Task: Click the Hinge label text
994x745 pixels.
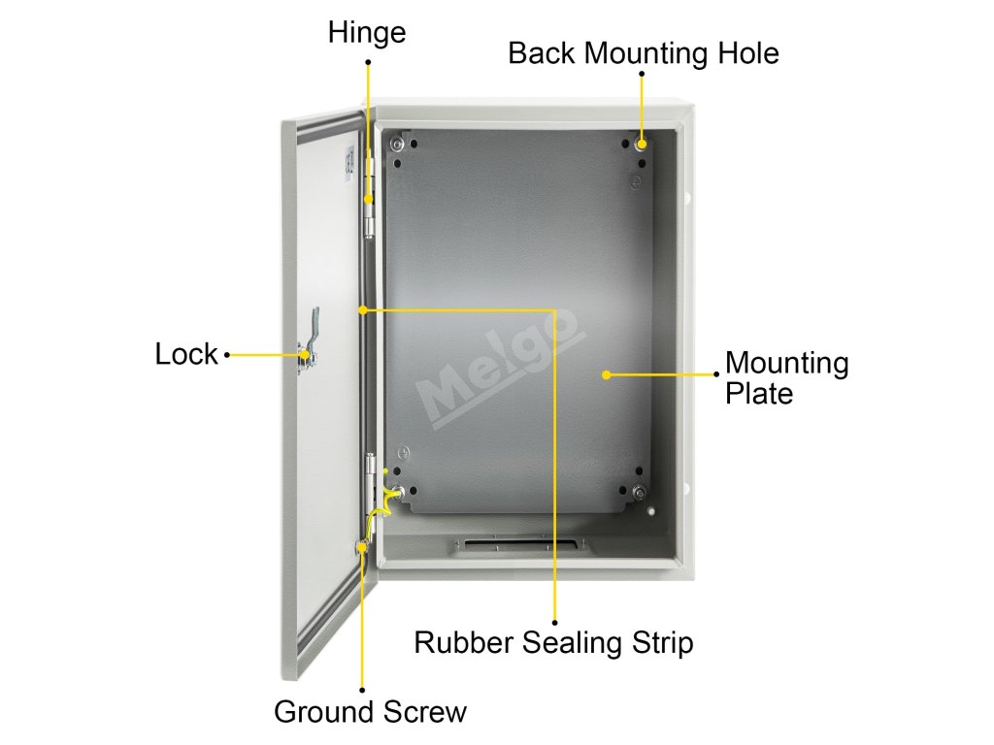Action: (x=366, y=33)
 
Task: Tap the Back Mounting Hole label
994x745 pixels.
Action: (x=643, y=52)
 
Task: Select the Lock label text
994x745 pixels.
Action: (x=186, y=355)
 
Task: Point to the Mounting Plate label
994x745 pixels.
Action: (x=786, y=378)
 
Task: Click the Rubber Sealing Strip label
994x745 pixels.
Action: (x=553, y=642)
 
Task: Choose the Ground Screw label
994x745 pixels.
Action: (x=370, y=712)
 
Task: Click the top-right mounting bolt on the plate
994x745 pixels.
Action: (x=641, y=145)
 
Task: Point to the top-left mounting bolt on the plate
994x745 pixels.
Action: (x=396, y=146)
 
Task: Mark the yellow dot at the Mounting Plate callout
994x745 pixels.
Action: (x=606, y=373)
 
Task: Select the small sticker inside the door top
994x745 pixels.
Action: (x=350, y=162)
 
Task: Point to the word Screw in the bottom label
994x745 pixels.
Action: (x=424, y=712)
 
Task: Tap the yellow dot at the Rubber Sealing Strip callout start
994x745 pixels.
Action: (x=363, y=310)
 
